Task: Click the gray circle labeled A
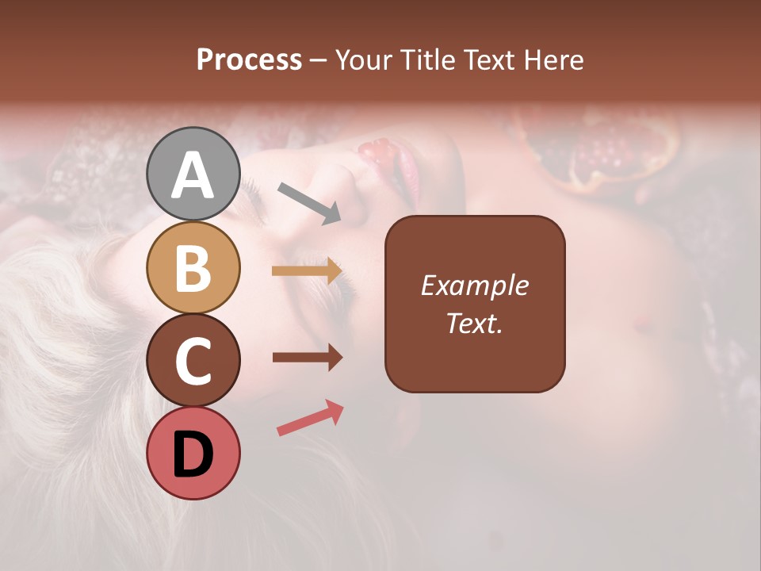click(x=193, y=174)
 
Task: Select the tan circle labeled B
click(x=193, y=267)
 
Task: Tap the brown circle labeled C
click(x=193, y=360)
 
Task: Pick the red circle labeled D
click(x=193, y=453)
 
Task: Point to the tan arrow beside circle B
click(x=307, y=271)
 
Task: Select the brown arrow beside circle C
click(x=307, y=358)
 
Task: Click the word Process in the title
click(x=249, y=60)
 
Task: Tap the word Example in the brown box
click(x=474, y=285)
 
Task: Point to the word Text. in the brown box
click(x=474, y=323)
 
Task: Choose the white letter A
click(x=193, y=175)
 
